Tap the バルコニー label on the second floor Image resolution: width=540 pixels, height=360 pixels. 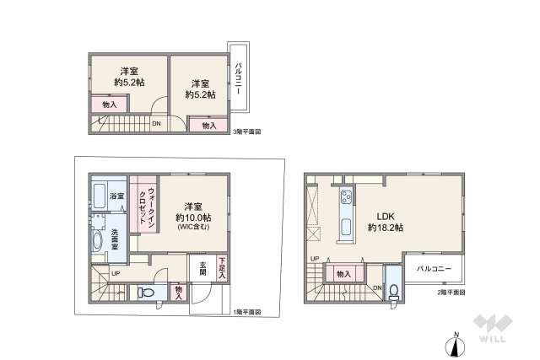pyautogui.click(x=435, y=268)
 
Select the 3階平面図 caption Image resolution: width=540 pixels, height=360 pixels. pyautogui.click(x=247, y=132)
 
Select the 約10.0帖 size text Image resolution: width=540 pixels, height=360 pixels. pyautogui.click(x=193, y=218)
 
